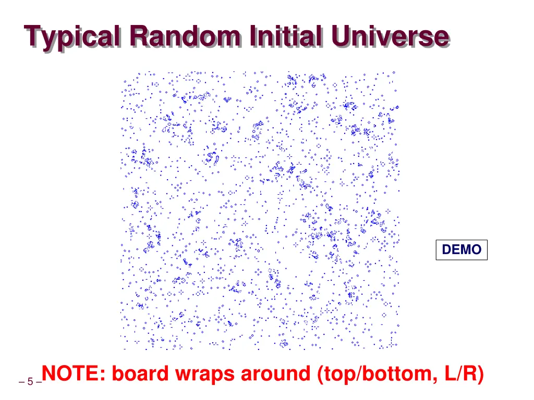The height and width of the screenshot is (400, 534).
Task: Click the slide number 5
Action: point(30,382)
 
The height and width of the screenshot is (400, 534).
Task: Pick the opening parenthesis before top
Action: point(321,374)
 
